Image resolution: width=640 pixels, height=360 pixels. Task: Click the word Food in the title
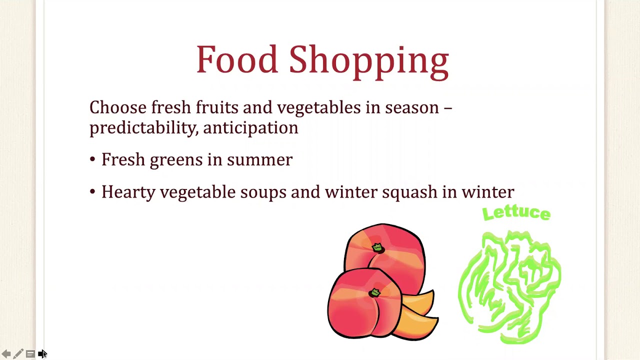pyautogui.click(x=237, y=59)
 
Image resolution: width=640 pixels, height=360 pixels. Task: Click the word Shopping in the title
pyautogui.click(x=369, y=62)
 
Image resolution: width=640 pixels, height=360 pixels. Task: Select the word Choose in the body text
pyautogui.click(x=118, y=107)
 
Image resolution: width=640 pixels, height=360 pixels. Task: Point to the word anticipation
pyautogui.click(x=250, y=127)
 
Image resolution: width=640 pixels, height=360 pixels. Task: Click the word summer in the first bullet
pyautogui.click(x=259, y=159)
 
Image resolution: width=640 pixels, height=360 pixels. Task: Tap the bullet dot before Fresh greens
pyautogui.click(x=92, y=159)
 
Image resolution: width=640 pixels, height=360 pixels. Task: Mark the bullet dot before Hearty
pyautogui.click(x=92, y=191)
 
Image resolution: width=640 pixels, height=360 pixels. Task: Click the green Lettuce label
pyautogui.click(x=516, y=213)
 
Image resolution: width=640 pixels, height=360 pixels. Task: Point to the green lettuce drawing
pyautogui.click(x=508, y=285)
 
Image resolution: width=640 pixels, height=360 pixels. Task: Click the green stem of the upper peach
pyautogui.click(x=377, y=247)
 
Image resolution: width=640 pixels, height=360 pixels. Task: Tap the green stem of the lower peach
pyautogui.click(x=374, y=292)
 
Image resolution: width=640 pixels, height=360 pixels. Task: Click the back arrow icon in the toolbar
pyautogui.click(x=6, y=354)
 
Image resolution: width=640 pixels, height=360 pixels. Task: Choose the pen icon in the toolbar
pyautogui.click(x=18, y=353)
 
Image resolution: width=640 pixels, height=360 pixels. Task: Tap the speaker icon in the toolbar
pyautogui.click(x=41, y=353)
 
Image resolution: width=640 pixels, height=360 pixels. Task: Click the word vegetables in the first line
pyautogui.click(x=319, y=108)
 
